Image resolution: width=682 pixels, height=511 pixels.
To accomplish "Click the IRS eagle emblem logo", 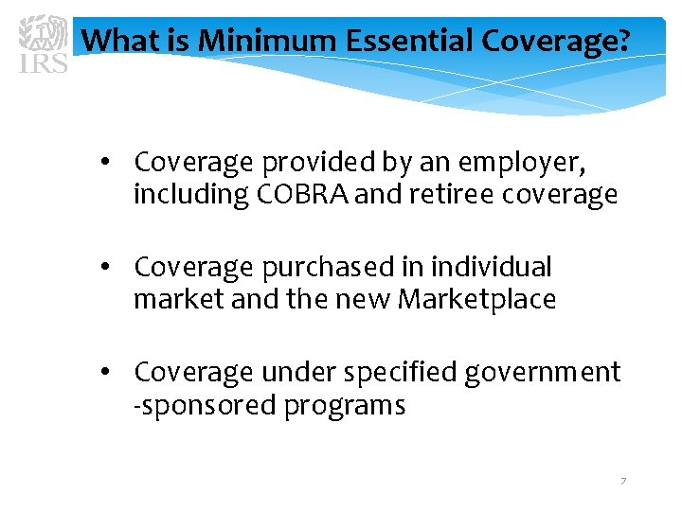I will [44, 34].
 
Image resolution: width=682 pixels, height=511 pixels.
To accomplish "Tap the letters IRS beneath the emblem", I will [43, 63].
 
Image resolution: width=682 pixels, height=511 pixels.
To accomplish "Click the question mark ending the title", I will [621, 41].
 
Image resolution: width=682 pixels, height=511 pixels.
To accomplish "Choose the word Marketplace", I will [476, 300].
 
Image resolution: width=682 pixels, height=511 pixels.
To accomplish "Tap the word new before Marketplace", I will [363, 300].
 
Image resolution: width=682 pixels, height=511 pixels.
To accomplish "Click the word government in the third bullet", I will [543, 373].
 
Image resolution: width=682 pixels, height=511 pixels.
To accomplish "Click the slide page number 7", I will [622, 482].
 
